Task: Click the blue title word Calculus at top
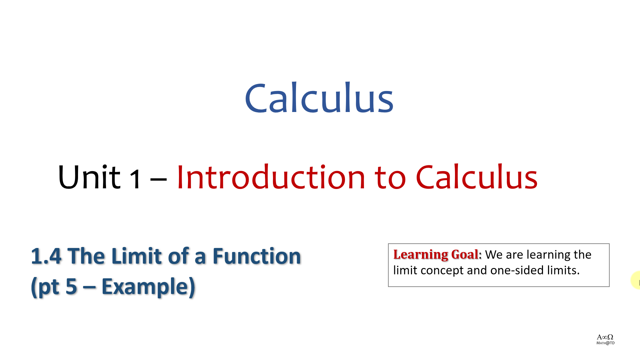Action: click(319, 98)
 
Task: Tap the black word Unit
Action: click(89, 177)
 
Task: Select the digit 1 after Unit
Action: click(135, 179)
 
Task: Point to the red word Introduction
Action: click(271, 177)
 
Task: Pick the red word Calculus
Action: click(477, 177)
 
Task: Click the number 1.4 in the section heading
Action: click(46, 256)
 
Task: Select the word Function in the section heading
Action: click(257, 256)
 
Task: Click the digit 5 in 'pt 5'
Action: click(72, 286)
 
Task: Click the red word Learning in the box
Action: click(421, 255)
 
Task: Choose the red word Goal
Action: click(465, 254)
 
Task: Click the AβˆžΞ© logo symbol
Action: click(605, 337)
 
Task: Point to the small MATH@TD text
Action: click(605, 343)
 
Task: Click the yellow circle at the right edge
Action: click(636, 280)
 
